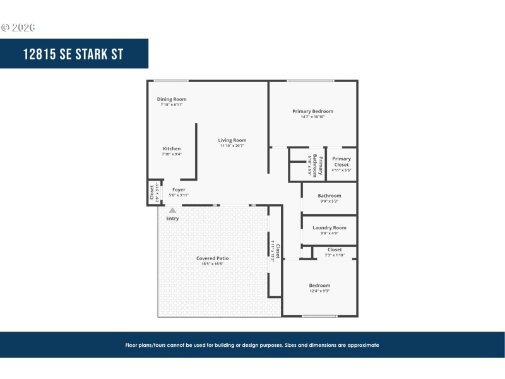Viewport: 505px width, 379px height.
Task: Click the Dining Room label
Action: tap(172, 99)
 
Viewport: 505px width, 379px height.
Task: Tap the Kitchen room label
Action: tap(172, 148)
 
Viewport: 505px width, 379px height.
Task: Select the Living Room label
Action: tap(232, 140)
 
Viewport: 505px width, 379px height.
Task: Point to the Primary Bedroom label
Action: tap(312, 111)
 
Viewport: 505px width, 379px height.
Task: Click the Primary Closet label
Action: tap(342, 162)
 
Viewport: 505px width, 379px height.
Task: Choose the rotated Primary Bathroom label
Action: tap(320, 165)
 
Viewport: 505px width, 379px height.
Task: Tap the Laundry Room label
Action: tap(330, 227)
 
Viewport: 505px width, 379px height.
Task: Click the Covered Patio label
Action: tap(212, 258)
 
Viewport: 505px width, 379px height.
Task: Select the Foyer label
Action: tap(179, 189)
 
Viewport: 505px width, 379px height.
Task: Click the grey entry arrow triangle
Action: tap(172, 210)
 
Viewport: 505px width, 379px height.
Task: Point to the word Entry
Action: tap(172, 219)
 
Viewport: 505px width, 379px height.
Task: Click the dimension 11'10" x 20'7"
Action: tap(232, 146)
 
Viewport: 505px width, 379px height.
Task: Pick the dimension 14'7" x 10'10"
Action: tap(312, 117)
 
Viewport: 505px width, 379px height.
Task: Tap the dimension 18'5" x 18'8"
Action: tap(212, 263)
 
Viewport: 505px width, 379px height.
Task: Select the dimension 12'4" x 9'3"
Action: tap(319, 291)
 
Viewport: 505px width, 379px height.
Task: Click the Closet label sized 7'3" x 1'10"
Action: tap(335, 250)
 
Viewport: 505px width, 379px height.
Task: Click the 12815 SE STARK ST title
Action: tap(73, 54)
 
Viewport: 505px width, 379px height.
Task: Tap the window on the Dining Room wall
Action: tap(171, 81)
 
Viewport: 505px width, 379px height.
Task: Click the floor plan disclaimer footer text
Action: tap(252, 346)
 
